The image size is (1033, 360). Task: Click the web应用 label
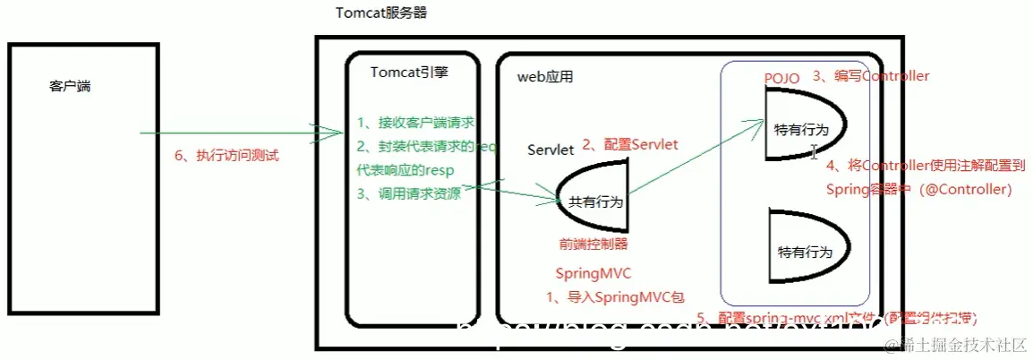545,78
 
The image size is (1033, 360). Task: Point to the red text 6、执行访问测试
226,156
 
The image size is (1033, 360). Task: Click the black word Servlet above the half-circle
551,150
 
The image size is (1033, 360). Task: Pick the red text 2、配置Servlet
630,144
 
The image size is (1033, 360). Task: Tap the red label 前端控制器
593,244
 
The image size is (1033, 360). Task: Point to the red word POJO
782,78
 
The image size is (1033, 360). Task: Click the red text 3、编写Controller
870,76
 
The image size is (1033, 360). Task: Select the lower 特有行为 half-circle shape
805,250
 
